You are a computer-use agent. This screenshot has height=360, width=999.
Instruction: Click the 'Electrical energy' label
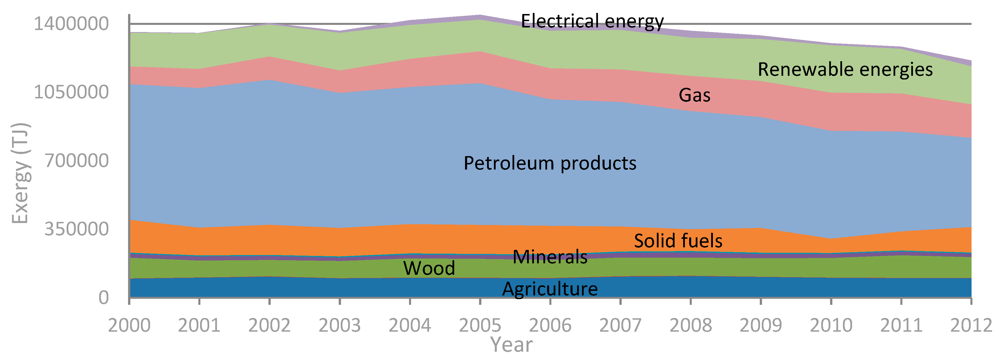(x=592, y=21)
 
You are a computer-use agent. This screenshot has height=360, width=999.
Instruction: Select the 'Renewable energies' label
(x=845, y=70)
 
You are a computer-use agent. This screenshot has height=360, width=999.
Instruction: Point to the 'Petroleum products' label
(x=550, y=163)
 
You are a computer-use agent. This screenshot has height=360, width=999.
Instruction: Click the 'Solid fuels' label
(x=678, y=241)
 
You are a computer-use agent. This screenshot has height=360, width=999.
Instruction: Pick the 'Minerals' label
(x=550, y=257)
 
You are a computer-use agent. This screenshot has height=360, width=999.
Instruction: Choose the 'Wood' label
(x=429, y=268)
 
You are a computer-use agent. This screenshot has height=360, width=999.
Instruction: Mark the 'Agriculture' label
(x=550, y=289)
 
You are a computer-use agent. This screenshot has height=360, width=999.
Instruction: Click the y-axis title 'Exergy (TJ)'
(x=20, y=173)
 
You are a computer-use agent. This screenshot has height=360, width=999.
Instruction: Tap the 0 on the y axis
(x=103, y=298)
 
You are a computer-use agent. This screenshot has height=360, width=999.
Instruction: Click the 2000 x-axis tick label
(x=129, y=325)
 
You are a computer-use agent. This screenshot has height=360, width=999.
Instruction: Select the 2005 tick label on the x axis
(x=480, y=325)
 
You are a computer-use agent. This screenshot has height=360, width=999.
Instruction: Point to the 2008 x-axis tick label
(x=691, y=325)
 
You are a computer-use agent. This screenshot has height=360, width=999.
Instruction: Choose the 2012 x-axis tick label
(x=971, y=325)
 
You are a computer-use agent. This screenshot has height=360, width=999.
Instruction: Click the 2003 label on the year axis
(x=340, y=325)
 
